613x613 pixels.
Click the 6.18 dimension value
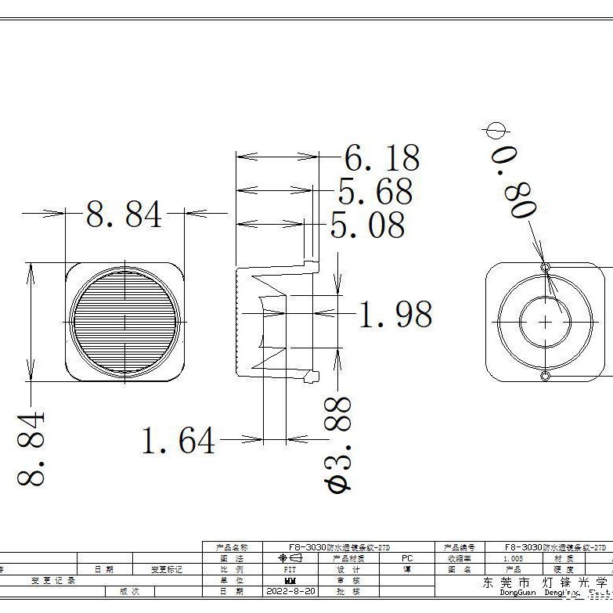tap(382, 159)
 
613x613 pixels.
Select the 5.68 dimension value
tap(375, 193)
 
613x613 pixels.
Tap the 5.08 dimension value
tap(367, 225)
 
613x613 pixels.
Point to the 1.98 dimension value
tap(395, 315)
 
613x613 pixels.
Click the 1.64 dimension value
tap(178, 441)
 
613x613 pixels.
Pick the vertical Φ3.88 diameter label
tap(338, 443)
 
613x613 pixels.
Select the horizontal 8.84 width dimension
tap(124, 215)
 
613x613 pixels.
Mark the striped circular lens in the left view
tap(124, 321)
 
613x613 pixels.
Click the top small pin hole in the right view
tap(546, 268)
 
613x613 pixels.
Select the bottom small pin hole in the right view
tap(546, 377)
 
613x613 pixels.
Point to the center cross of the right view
tap(546, 321)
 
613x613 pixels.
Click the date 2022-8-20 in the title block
tap(291, 592)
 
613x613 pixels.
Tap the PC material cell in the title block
tap(406, 558)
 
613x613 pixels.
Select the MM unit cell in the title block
tap(290, 581)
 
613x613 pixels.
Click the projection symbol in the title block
tap(290, 558)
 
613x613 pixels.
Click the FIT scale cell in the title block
tap(290, 570)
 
